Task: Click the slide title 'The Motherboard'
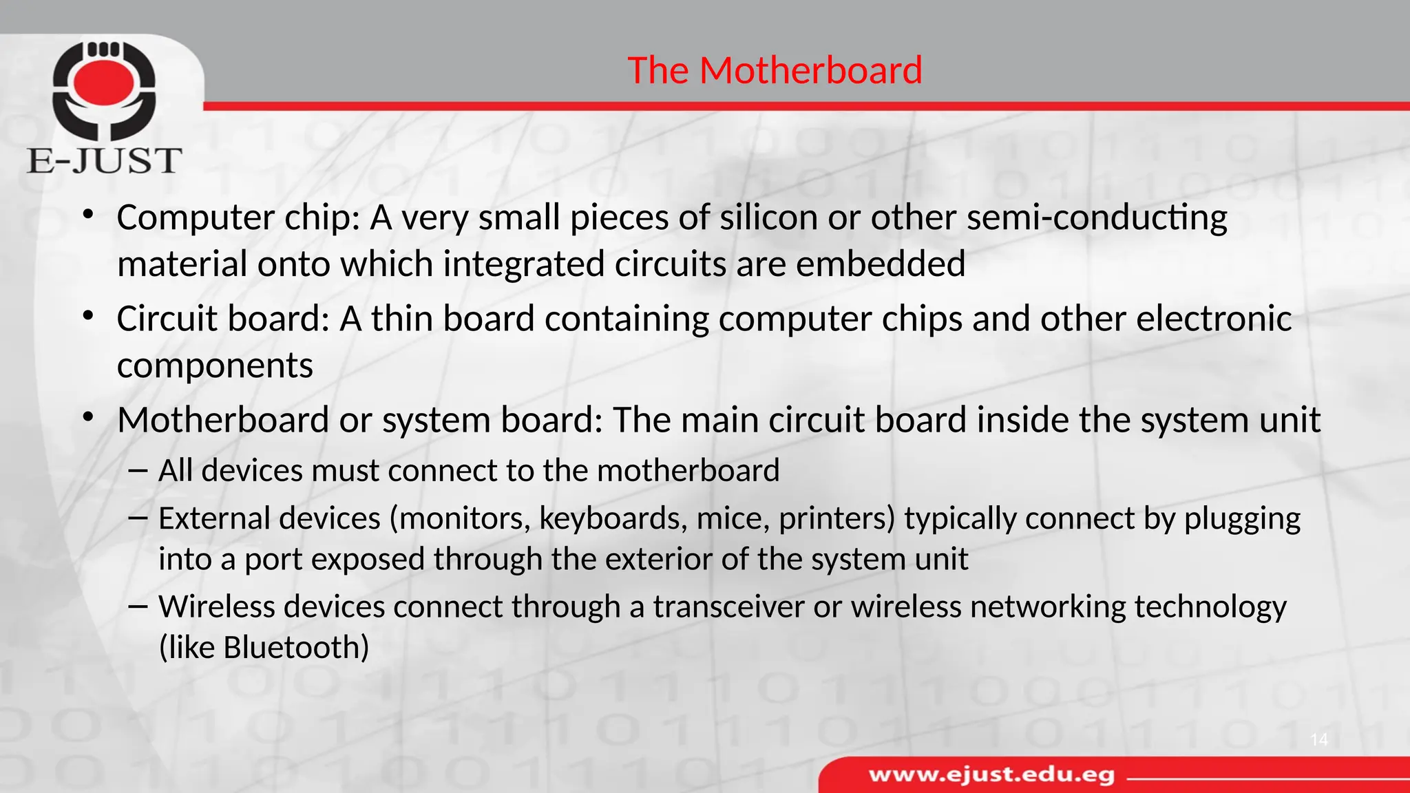(775, 70)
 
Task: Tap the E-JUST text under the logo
(104, 160)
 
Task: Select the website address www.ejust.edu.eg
(991, 775)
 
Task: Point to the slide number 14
(1318, 740)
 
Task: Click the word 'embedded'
(881, 264)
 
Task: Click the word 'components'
(215, 366)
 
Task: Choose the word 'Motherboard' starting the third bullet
(223, 420)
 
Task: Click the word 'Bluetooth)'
(296, 648)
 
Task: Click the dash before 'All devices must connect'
(138, 471)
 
